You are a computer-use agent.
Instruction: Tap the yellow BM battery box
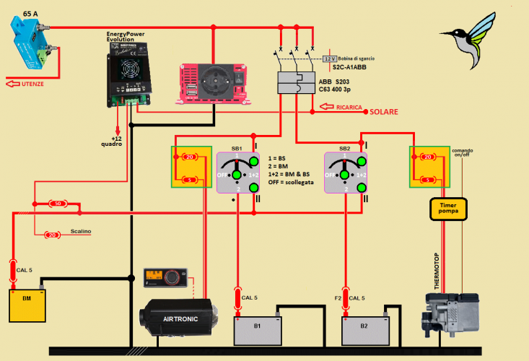(27, 305)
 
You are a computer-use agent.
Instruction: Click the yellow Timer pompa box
(448, 209)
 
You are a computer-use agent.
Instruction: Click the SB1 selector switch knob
(237, 171)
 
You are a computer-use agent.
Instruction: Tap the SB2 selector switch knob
(346, 171)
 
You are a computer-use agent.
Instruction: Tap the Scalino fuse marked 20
(52, 235)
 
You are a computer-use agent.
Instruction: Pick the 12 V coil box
(330, 57)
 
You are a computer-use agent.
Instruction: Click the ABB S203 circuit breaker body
(297, 83)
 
